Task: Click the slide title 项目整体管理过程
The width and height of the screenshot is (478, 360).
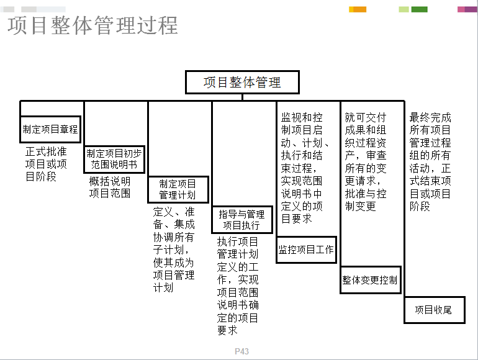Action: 92,25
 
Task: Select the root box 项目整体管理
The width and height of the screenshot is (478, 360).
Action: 242,83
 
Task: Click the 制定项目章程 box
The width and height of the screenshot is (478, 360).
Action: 50,129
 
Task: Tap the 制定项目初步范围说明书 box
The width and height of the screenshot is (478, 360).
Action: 114,159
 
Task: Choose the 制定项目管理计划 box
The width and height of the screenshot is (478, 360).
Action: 178,189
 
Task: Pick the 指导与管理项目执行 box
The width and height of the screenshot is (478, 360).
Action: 242,220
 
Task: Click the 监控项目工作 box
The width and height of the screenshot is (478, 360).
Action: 307,250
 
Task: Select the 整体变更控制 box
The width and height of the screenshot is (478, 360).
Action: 371,280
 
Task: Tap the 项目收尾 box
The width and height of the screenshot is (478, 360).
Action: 435,310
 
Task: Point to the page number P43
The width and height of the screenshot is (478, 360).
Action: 241,351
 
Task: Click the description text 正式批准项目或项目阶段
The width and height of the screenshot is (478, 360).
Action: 46,164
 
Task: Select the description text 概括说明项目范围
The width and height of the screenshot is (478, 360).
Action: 110,187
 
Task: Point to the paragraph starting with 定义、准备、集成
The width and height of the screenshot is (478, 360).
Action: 174,250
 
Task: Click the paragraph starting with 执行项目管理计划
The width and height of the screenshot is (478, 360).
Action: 238,286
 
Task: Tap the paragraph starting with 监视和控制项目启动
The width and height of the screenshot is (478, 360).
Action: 304,168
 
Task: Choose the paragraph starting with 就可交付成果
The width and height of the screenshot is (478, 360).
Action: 366,161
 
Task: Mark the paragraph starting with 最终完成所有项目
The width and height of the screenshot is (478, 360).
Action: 430,161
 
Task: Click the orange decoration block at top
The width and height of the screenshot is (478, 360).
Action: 359,9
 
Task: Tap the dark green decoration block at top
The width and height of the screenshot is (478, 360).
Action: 420,9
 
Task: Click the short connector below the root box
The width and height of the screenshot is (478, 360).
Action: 242,97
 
